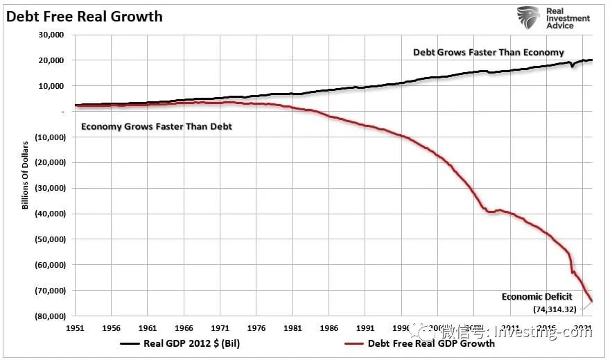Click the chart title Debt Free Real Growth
click(x=85, y=15)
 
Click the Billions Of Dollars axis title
click(x=25, y=173)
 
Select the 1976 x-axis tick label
click(x=257, y=326)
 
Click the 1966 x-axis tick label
click(x=184, y=326)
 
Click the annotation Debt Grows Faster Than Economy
click(x=488, y=52)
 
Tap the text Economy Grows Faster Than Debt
click(x=157, y=127)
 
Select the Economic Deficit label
click(x=537, y=297)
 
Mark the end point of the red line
click(x=592, y=302)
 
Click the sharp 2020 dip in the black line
click(x=572, y=67)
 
